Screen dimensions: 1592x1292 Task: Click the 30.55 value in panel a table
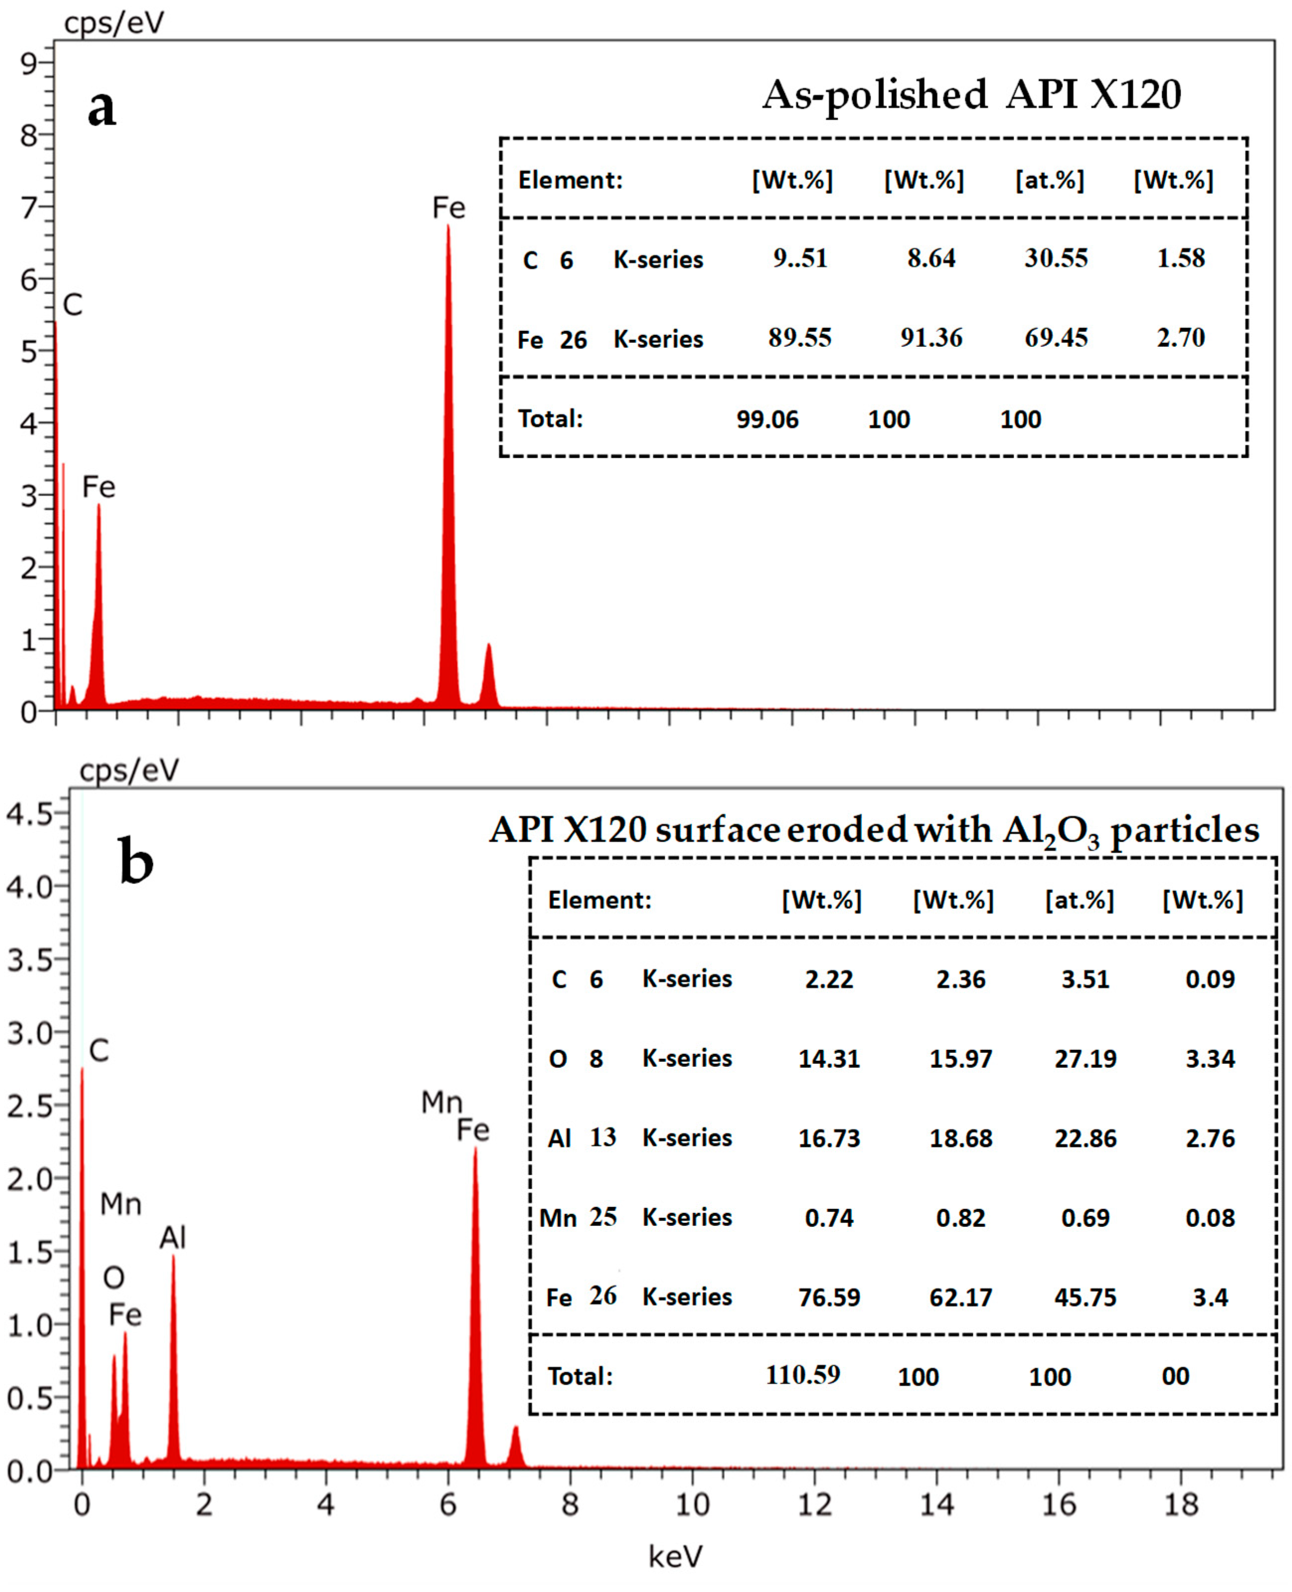click(x=1055, y=258)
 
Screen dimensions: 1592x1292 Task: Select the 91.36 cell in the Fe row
click(x=931, y=338)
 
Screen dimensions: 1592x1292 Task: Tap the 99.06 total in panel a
click(x=767, y=419)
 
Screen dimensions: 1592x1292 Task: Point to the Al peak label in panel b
click(x=172, y=1237)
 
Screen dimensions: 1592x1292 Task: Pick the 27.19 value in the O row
click(x=1085, y=1058)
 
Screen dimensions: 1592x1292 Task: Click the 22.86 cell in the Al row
click(x=1085, y=1138)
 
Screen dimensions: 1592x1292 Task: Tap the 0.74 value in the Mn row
click(x=829, y=1218)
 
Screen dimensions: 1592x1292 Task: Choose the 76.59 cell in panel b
click(x=829, y=1297)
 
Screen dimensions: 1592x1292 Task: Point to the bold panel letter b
click(x=136, y=861)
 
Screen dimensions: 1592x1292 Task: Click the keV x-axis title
click(x=675, y=1556)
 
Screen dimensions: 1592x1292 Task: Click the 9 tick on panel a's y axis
click(x=29, y=64)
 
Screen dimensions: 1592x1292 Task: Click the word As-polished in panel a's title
click(x=875, y=96)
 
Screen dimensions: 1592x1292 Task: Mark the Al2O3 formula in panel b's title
click(x=1051, y=831)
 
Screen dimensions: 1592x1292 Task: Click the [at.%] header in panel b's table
click(x=1079, y=900)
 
